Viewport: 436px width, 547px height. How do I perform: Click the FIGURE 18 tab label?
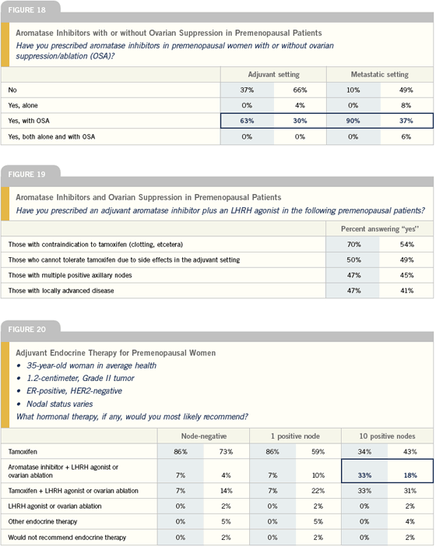[x=26, y=10]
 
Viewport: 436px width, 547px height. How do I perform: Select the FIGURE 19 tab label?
[x=26, y=174]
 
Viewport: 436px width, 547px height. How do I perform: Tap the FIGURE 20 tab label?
[x=26, y=330]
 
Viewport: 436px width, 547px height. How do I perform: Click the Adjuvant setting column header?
[x=273, y=74]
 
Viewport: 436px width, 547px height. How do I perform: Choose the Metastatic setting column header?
[x=379, y=74]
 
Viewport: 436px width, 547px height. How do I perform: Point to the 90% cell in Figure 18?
[x=353, y=121]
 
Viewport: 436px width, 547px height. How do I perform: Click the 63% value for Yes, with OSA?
[x=247, y=121]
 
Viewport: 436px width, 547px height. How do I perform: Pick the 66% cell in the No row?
[x=300, y=90]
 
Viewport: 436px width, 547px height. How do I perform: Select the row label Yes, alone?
[x=23, y=105]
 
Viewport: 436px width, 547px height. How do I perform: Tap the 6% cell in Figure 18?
[x=406, y=137]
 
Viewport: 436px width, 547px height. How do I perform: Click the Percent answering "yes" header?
[x=380, y=229]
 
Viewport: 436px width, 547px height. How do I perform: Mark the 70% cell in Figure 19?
[x=353, y=244]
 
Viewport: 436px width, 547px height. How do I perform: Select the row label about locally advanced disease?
[x=61, y=291]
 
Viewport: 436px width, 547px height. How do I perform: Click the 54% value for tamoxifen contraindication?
[x=406, y=244]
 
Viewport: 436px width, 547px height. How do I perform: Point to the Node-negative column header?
[x=204, y=436]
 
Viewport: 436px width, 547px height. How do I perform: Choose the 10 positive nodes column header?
[x=387, y=436]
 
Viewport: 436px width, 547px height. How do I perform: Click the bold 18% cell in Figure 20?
[x=410, y=475]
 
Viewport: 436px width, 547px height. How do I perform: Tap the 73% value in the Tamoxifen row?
[x=226, y=452]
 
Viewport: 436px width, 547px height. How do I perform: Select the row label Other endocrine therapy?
[x=43, y=521]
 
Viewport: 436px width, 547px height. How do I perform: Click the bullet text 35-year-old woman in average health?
[x=92, y=365]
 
